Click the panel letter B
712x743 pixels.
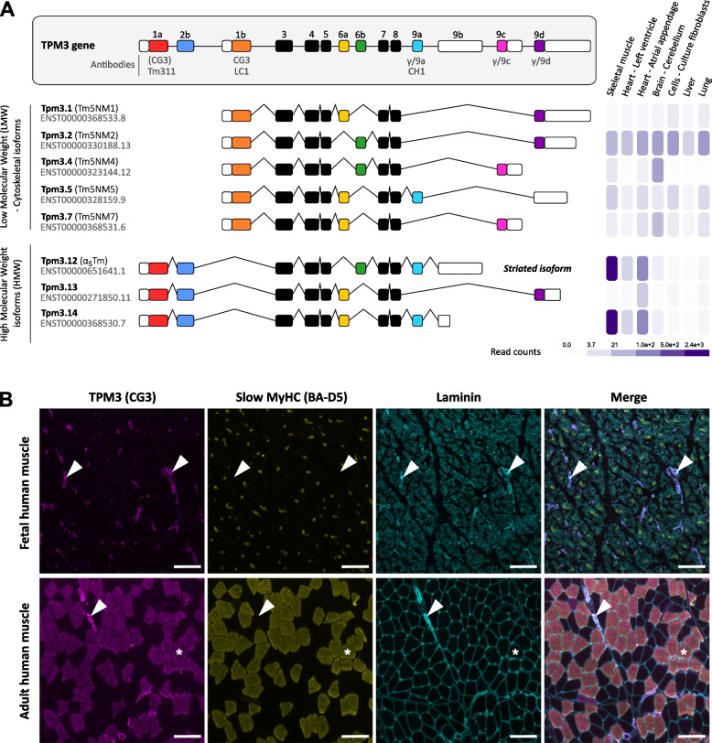(8, 373)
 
